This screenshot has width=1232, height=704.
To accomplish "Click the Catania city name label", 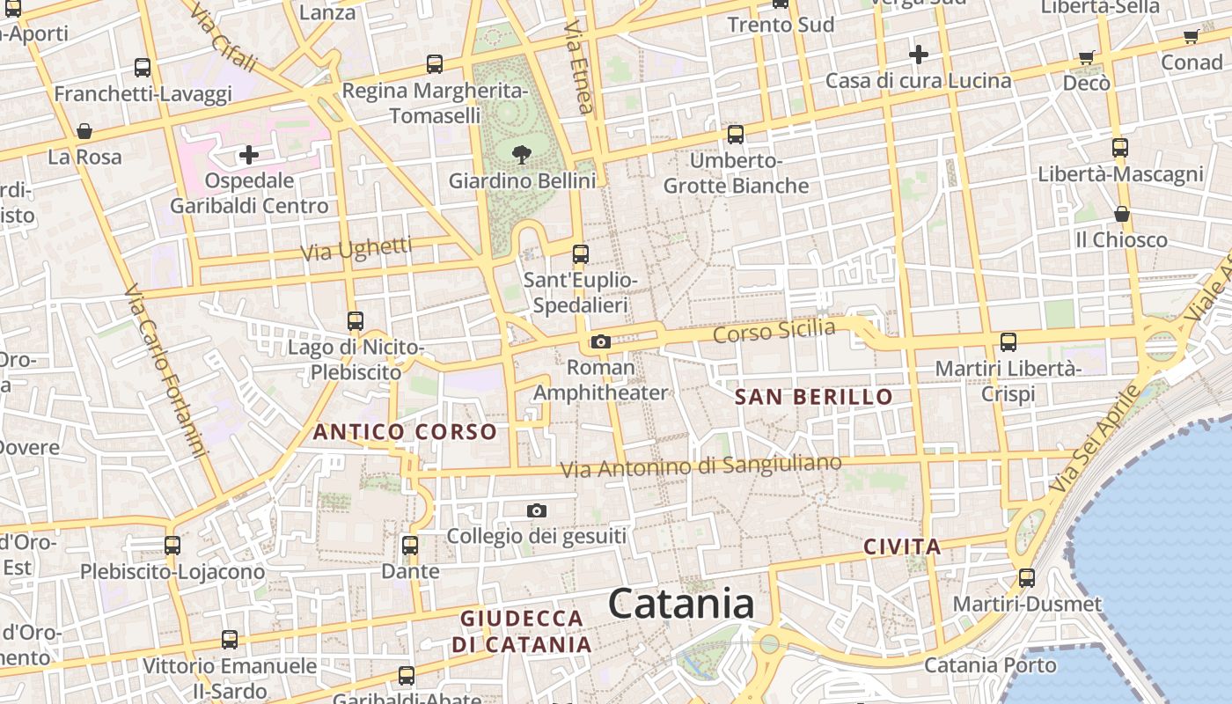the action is pos(682,605).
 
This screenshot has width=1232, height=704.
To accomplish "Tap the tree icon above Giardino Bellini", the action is pos(522,155).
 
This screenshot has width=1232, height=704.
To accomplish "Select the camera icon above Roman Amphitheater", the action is pos(601,341).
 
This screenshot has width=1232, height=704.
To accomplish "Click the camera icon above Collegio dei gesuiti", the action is pos(536,510).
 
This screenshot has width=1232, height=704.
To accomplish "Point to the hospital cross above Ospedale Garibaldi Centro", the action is pos(249,156).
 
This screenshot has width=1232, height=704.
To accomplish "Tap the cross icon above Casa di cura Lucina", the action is pos(918,55).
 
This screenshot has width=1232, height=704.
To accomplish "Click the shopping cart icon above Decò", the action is pos(1087,57).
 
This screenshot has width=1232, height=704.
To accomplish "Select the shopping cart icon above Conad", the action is pos(1191,36).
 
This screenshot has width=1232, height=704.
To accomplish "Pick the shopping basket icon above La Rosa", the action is pos(84,131).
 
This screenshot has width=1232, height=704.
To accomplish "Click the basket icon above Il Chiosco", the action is pos(1122,214).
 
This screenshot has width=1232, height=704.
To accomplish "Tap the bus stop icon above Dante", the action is pos(409,545).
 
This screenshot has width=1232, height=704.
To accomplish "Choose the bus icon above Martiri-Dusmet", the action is pos(1027,578).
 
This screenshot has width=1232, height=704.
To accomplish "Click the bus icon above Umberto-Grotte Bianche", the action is pos(736,135).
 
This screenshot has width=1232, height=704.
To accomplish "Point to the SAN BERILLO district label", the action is pos(813,397).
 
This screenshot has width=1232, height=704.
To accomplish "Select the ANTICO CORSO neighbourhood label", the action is pos(405,432).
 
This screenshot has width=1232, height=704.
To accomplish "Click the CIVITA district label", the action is pos(902,546).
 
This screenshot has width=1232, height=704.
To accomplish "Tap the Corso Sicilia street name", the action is pos(774,332).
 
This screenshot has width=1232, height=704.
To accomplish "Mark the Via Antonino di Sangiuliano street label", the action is pos(700,466).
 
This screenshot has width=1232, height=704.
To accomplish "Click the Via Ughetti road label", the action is pos(356,249).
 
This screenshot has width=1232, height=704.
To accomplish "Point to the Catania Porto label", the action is pos(990,664).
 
